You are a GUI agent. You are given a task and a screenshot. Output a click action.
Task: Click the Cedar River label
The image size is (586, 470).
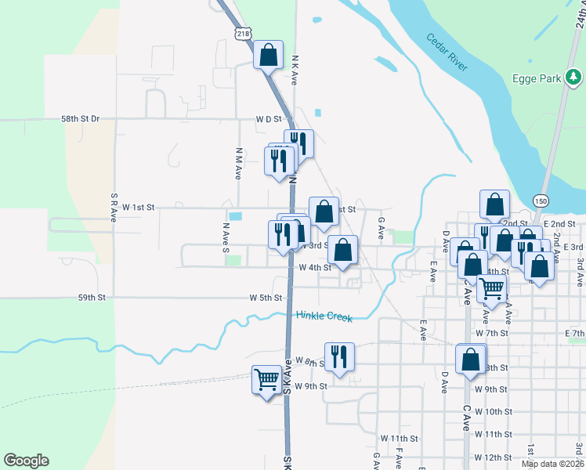click(447, 53)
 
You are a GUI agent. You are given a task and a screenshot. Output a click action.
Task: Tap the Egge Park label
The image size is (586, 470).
click(537, 78)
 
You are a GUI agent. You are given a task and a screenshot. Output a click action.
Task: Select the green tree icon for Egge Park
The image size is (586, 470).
click(574, 77)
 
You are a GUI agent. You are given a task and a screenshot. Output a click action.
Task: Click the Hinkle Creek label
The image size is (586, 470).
click(324, 316)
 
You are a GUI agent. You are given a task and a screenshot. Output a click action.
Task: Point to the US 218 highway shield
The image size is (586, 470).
click(241, 32)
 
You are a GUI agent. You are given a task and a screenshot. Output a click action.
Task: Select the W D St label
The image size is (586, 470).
click(268, 119)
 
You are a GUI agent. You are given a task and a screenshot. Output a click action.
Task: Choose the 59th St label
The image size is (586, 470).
click(91, 298)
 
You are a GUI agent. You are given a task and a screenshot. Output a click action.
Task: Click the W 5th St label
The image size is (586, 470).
click(266, 298)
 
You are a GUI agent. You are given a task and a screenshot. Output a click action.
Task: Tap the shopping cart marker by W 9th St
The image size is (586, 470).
click(266, 380)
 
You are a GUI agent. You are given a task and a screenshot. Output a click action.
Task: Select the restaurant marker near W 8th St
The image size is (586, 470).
click(339, 356)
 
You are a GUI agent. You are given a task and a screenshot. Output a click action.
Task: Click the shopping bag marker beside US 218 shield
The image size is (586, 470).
click(268, 56)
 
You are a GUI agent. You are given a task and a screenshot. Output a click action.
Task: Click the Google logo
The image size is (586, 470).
click(26, 461)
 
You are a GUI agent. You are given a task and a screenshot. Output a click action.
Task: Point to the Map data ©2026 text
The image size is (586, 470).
click(552, 464)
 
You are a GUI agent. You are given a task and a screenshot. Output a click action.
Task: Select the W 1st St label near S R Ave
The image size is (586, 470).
click(139, 208)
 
